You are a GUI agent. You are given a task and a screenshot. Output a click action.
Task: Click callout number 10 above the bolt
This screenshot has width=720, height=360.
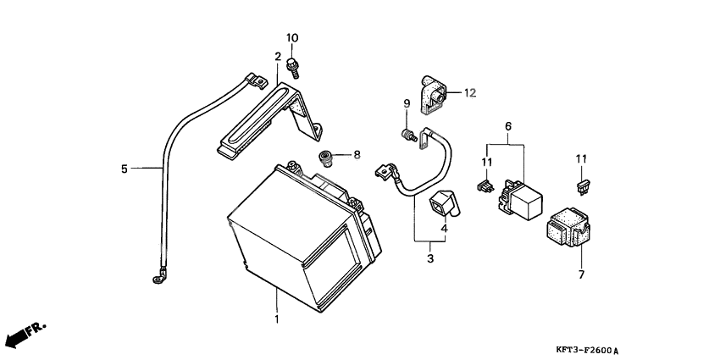(x=292, y=37)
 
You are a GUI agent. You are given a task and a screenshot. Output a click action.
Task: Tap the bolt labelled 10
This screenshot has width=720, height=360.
(x=292, y=68)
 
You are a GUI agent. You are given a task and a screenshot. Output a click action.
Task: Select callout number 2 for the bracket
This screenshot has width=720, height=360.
(x=278, y=57)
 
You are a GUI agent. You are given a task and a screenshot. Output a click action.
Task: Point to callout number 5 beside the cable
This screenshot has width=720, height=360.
(x=124, y=169)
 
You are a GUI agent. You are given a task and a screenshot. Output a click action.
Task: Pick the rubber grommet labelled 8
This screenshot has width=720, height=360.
(x=324, y=158)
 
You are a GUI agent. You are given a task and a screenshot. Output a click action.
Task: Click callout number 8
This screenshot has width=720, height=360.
(x=357, y=155)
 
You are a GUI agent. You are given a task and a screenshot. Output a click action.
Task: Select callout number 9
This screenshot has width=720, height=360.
(x=407, y=104)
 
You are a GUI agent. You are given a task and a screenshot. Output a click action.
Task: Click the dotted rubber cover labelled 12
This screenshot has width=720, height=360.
(x=433, y=95)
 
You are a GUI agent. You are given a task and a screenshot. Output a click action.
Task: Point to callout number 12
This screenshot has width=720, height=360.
(x=470, y=93)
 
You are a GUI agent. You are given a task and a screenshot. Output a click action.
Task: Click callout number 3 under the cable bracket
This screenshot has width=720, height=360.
(x=430, y=258)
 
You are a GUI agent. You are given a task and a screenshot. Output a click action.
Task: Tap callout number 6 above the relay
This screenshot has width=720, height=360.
(x=508, y=126)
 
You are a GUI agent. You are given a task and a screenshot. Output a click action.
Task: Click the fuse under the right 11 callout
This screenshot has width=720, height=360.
(x=583, y=187)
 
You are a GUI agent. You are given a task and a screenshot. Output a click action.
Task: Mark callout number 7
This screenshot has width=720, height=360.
(x=581, y=274)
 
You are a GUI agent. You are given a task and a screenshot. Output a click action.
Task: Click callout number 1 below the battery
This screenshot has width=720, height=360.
(x=277, y=318)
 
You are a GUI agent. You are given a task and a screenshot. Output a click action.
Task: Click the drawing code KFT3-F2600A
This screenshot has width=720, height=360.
(x=591, y=351)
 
